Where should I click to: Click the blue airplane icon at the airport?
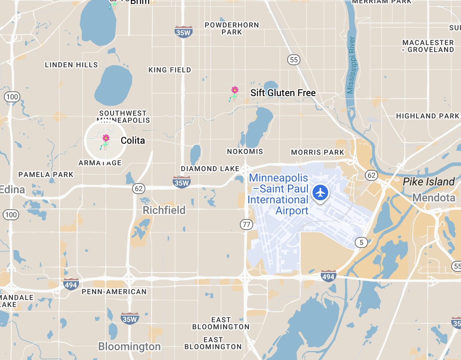point(320,192)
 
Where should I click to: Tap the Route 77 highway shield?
point(246,225)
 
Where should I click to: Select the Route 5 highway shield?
point(361,242)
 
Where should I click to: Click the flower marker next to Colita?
point(105,141)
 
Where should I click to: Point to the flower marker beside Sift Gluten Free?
point(234,93)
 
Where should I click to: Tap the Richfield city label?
point(164,210)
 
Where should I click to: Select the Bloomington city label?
point(129,346)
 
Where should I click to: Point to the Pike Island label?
point(429,182)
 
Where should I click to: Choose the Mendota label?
point(434,198)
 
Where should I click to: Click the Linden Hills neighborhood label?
point(71,65)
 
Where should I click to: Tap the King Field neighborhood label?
point(170,70)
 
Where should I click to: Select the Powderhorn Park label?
point(232,29)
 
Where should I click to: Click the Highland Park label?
point(427,116)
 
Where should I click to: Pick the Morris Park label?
point(318,152)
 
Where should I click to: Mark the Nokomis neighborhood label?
point(245,151)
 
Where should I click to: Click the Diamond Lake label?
point(210,169)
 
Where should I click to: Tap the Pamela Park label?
point(46,175)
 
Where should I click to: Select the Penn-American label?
point(114,292)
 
